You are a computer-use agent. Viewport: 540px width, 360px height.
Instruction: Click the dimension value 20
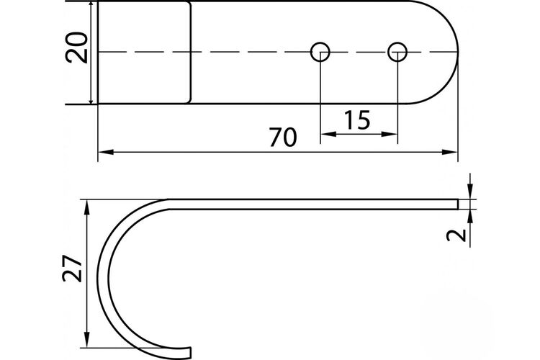point(76,48)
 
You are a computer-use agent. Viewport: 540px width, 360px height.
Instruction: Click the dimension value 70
point(283,137)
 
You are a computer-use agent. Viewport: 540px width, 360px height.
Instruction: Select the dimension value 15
point(357,120)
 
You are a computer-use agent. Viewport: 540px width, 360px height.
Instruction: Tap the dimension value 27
point(73,269)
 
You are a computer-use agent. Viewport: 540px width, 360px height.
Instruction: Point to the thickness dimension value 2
point(456,235)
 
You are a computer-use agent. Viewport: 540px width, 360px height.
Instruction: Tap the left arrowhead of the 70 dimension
point(106,152)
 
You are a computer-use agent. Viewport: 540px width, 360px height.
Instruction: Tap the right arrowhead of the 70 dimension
point(450,152)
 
